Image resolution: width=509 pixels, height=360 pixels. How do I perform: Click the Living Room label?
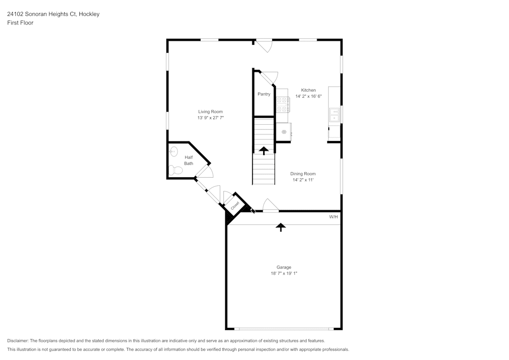coord(210,112)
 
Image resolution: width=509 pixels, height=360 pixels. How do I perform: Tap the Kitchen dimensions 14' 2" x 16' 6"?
coord(308,96)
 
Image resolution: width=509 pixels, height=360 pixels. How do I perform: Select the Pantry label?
coord(264,94)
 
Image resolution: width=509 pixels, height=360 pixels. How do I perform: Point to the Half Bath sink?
coord(174,151)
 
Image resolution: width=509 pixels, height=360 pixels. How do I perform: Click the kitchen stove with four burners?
coord(282,104)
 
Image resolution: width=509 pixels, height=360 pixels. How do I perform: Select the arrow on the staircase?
coord(264,150)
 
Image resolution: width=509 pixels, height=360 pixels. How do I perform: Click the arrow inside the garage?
coord(280,227)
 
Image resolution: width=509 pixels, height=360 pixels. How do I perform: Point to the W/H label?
coord(333,217)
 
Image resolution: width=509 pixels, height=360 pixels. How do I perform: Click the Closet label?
coord(235,206)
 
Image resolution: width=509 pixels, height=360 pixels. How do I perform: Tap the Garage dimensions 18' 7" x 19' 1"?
coord(284,273)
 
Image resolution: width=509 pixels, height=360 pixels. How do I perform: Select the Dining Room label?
coord(303,174)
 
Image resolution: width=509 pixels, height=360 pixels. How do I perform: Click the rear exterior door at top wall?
coord(264,45)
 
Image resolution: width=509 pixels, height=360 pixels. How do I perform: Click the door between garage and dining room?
coord(270,206)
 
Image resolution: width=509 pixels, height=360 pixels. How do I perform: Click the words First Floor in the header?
coord(20,23)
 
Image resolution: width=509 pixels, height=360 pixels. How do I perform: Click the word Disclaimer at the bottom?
coord(18,341)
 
